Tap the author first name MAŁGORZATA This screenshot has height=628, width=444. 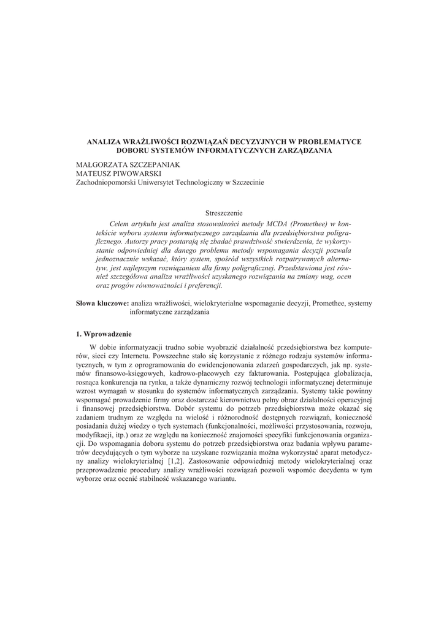pyautogui.click(x=101, y=164)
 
